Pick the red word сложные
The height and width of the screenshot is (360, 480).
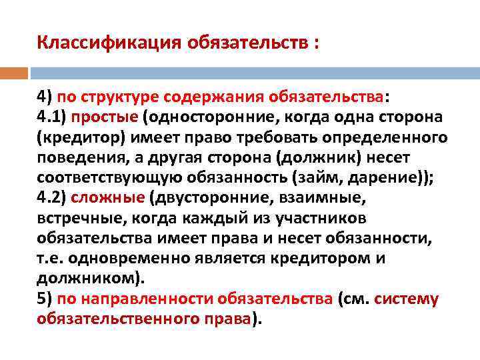pos(107,198)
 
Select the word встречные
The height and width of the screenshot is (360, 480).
pos(71,218)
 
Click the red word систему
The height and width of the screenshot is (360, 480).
pos(406,299)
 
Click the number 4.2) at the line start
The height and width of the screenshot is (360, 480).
pos(51,198)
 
